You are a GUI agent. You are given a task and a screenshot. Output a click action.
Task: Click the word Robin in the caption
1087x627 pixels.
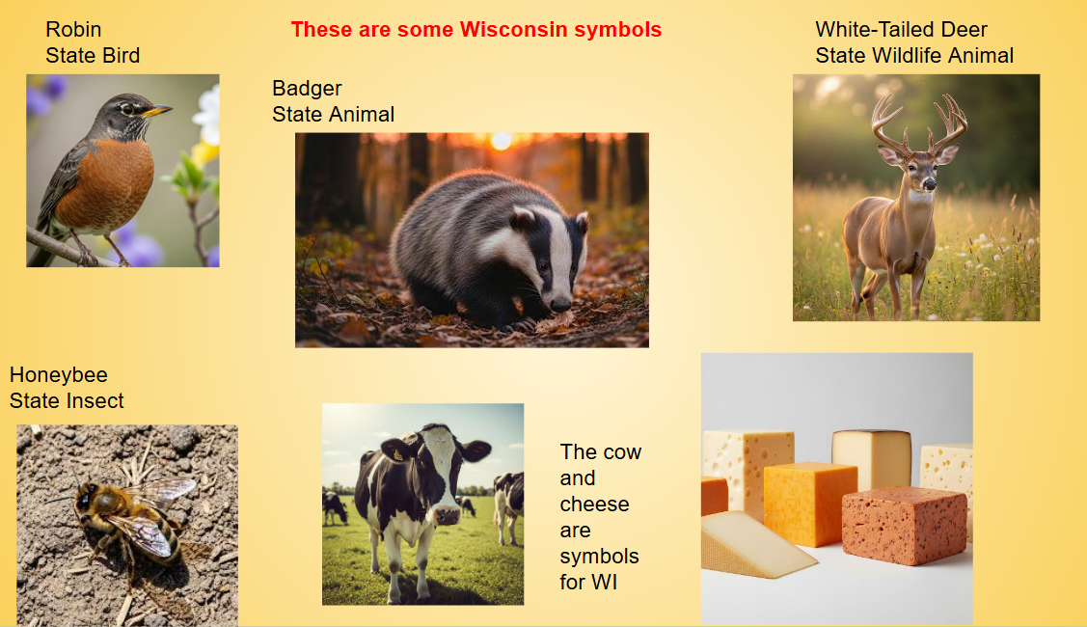(x=73, y=30)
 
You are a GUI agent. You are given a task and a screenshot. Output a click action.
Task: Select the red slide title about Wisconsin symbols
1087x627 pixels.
(x=476, y=30)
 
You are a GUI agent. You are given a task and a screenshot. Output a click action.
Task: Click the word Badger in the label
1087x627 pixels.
(x=307, y=89)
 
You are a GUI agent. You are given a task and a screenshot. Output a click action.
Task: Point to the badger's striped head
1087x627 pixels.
(x=550, y=256)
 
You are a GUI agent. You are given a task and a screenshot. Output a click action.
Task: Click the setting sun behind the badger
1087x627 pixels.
(x=501, y=141)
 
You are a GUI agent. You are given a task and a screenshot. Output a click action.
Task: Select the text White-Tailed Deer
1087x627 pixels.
(x=901, y=30)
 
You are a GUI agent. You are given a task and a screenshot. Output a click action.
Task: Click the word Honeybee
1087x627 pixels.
(x=59, y=375)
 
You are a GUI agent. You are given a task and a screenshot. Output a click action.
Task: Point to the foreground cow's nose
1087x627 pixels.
(x=448, y=516)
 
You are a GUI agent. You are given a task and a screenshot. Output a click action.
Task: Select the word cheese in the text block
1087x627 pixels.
(x=594, y=504)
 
